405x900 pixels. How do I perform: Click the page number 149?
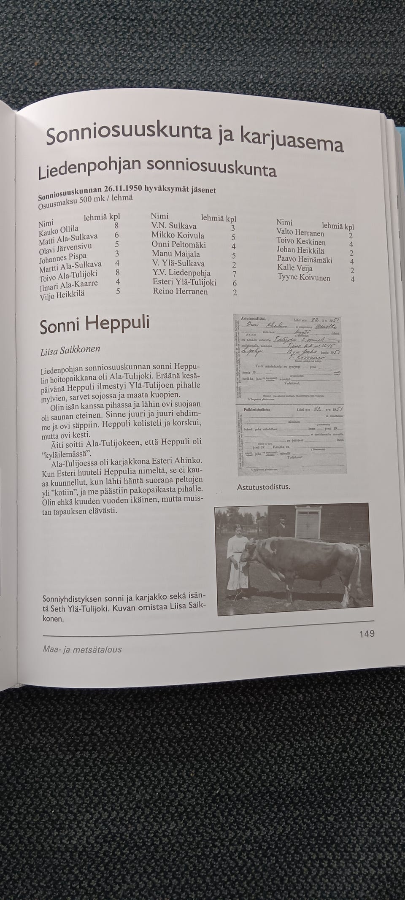pyautogui.click(x=366, y=633)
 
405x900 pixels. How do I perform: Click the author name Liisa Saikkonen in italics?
pyautogui.click(x=70, y=350)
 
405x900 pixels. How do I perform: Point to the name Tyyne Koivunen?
pyautogui.click(x=304, y=278)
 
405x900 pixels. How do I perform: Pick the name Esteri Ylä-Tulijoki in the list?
pyautogui.click(x=184, y=282)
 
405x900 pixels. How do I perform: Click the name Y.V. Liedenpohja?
pyautogui.click(x=181, y=273)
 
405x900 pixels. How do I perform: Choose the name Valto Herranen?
pyautogui.click(x=300, y=233)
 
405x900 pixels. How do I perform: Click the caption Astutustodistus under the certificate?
pyautogui.click(x=264, y=486)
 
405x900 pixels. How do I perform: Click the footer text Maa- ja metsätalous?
pyautogui.click(x=82, y=649)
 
